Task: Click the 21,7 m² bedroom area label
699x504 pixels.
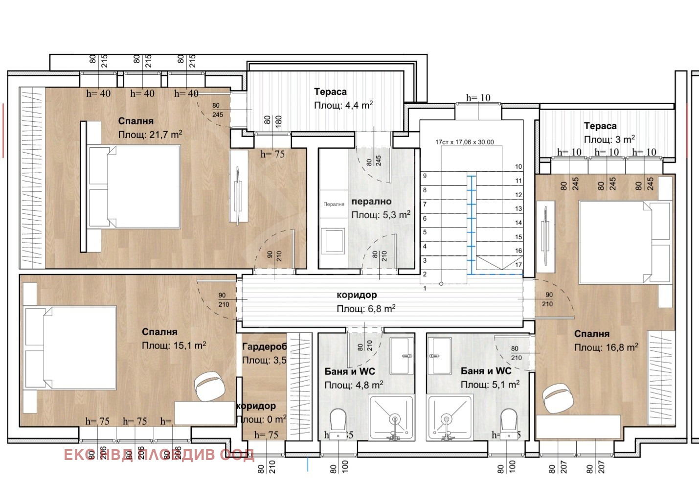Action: (150, 135)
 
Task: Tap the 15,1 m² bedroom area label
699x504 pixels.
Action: (174, 345)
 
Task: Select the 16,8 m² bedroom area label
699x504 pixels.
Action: (606, 347)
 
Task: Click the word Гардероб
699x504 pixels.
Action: (264, 347)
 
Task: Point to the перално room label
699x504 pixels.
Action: (371, 202)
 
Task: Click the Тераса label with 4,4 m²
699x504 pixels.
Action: (330, 92)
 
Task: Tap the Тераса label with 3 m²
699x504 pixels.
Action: (600, 126)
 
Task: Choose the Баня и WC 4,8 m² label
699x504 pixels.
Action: (350, 371)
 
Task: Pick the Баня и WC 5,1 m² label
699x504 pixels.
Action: (486, 371)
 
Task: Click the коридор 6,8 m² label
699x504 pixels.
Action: (357, 295)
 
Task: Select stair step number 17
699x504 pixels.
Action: (519, 265)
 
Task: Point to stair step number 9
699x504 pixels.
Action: (425, 176)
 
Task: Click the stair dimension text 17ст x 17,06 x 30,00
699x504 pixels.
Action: (464, 142)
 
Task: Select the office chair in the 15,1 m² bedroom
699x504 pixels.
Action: (210, 386)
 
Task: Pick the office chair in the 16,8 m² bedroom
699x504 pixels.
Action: (558, 398)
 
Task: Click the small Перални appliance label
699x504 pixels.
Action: (334, 204)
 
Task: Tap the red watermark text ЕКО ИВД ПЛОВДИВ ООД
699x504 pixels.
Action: (159, 455)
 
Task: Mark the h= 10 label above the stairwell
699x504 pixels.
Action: (478, 98)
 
